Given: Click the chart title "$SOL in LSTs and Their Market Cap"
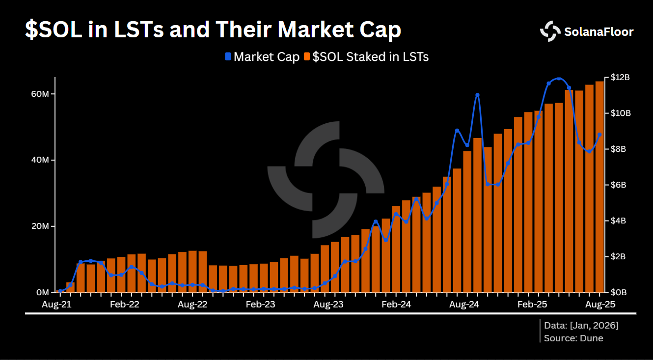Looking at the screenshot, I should click(213, 30).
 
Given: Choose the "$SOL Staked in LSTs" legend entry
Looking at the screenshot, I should click(366, 57).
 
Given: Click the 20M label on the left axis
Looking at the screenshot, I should click(41, 226).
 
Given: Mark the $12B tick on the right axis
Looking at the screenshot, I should click(620, 78).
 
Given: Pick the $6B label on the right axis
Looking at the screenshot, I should click(618, 185).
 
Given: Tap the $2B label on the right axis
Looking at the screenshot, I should click(618, 256).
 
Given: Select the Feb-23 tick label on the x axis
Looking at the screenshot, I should click(260, 305).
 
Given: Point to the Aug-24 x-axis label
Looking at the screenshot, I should click(464, 305).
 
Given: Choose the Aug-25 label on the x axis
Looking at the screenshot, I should click(599, 305).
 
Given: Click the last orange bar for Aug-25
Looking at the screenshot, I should click(599, 187).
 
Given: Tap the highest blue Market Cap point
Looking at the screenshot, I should click(559, 79).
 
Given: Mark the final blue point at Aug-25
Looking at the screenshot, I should click(599, 135).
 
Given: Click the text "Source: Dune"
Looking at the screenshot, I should click(573, 338).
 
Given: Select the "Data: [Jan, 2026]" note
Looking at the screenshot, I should click(581, 325).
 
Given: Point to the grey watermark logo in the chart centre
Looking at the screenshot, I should click(326, 179).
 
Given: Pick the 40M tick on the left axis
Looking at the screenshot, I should click(41, 161).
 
